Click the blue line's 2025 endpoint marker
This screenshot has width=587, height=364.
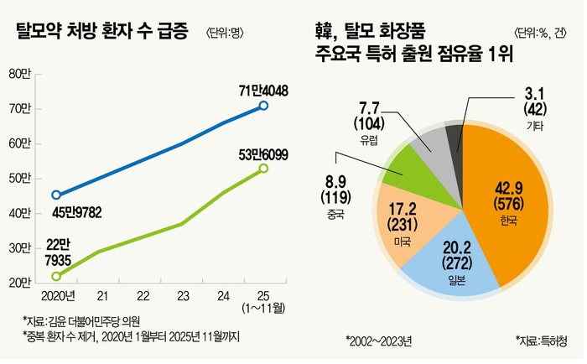(x=263, y=106)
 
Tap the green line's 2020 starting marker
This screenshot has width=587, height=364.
(x=56, y=276)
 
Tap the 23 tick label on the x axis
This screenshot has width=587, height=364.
(x=183, y=296)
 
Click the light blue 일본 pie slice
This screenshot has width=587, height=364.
(x=442, y=255)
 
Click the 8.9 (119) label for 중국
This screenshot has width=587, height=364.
(x=335, y=190)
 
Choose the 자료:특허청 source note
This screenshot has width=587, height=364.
(x=540, y=341)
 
